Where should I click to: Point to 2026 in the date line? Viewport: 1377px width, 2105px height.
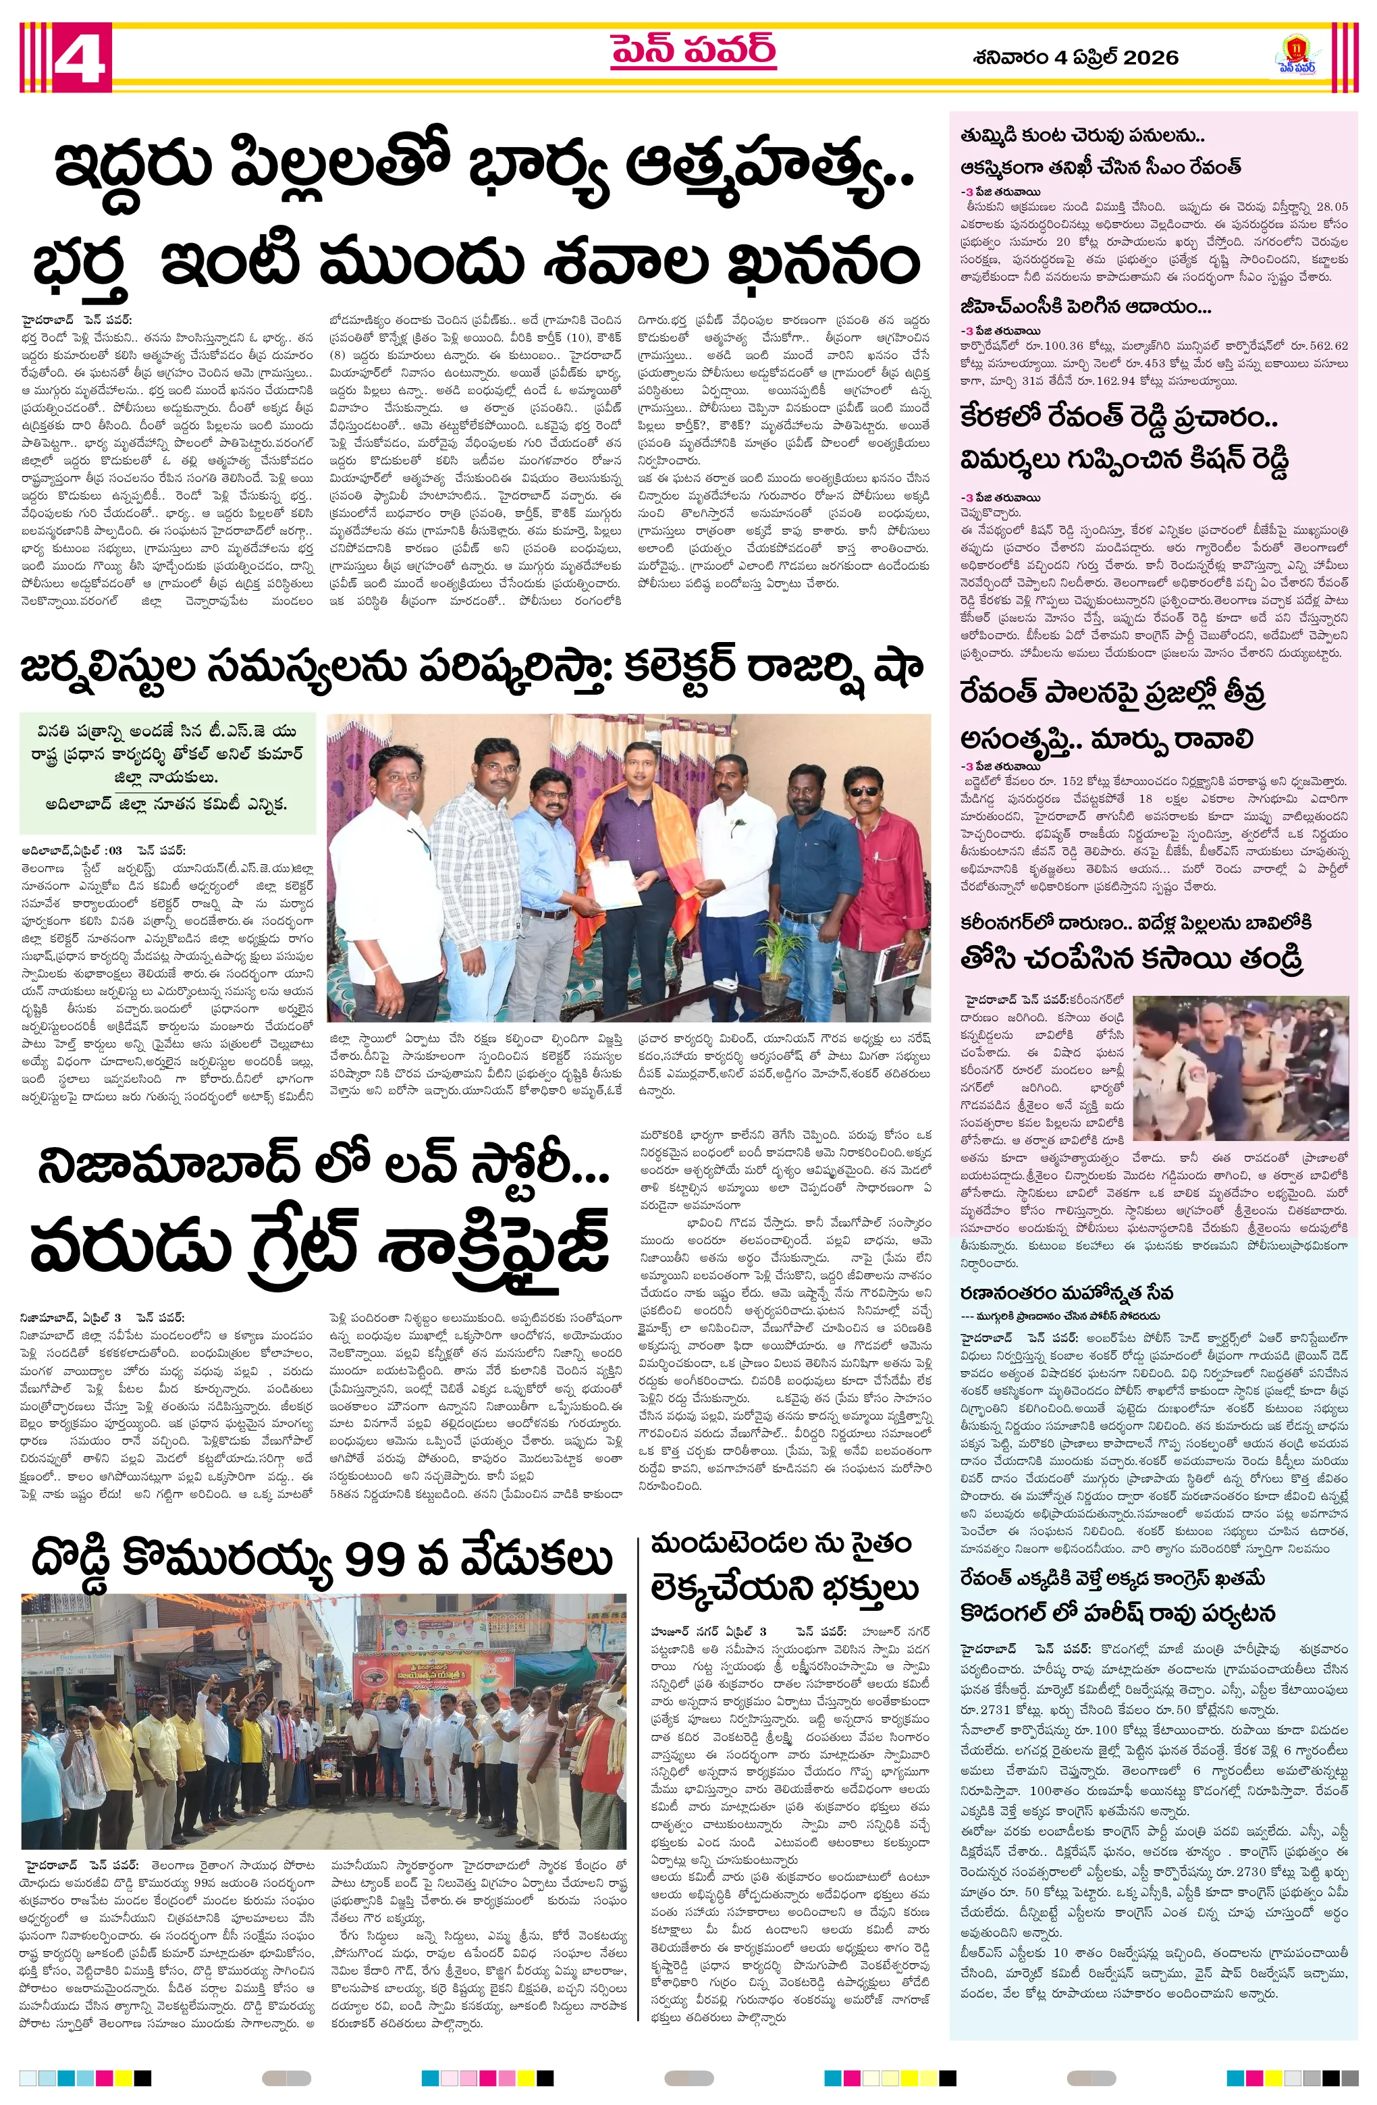(1151, 57)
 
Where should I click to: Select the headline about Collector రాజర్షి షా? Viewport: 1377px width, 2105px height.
(470, 668)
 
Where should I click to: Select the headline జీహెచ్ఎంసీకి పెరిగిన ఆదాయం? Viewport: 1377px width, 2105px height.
(1085, 307)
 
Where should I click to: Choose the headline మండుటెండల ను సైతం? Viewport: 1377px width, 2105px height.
(780, 1544)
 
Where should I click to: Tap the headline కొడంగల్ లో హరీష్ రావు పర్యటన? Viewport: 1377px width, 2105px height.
(1117, 1614)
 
